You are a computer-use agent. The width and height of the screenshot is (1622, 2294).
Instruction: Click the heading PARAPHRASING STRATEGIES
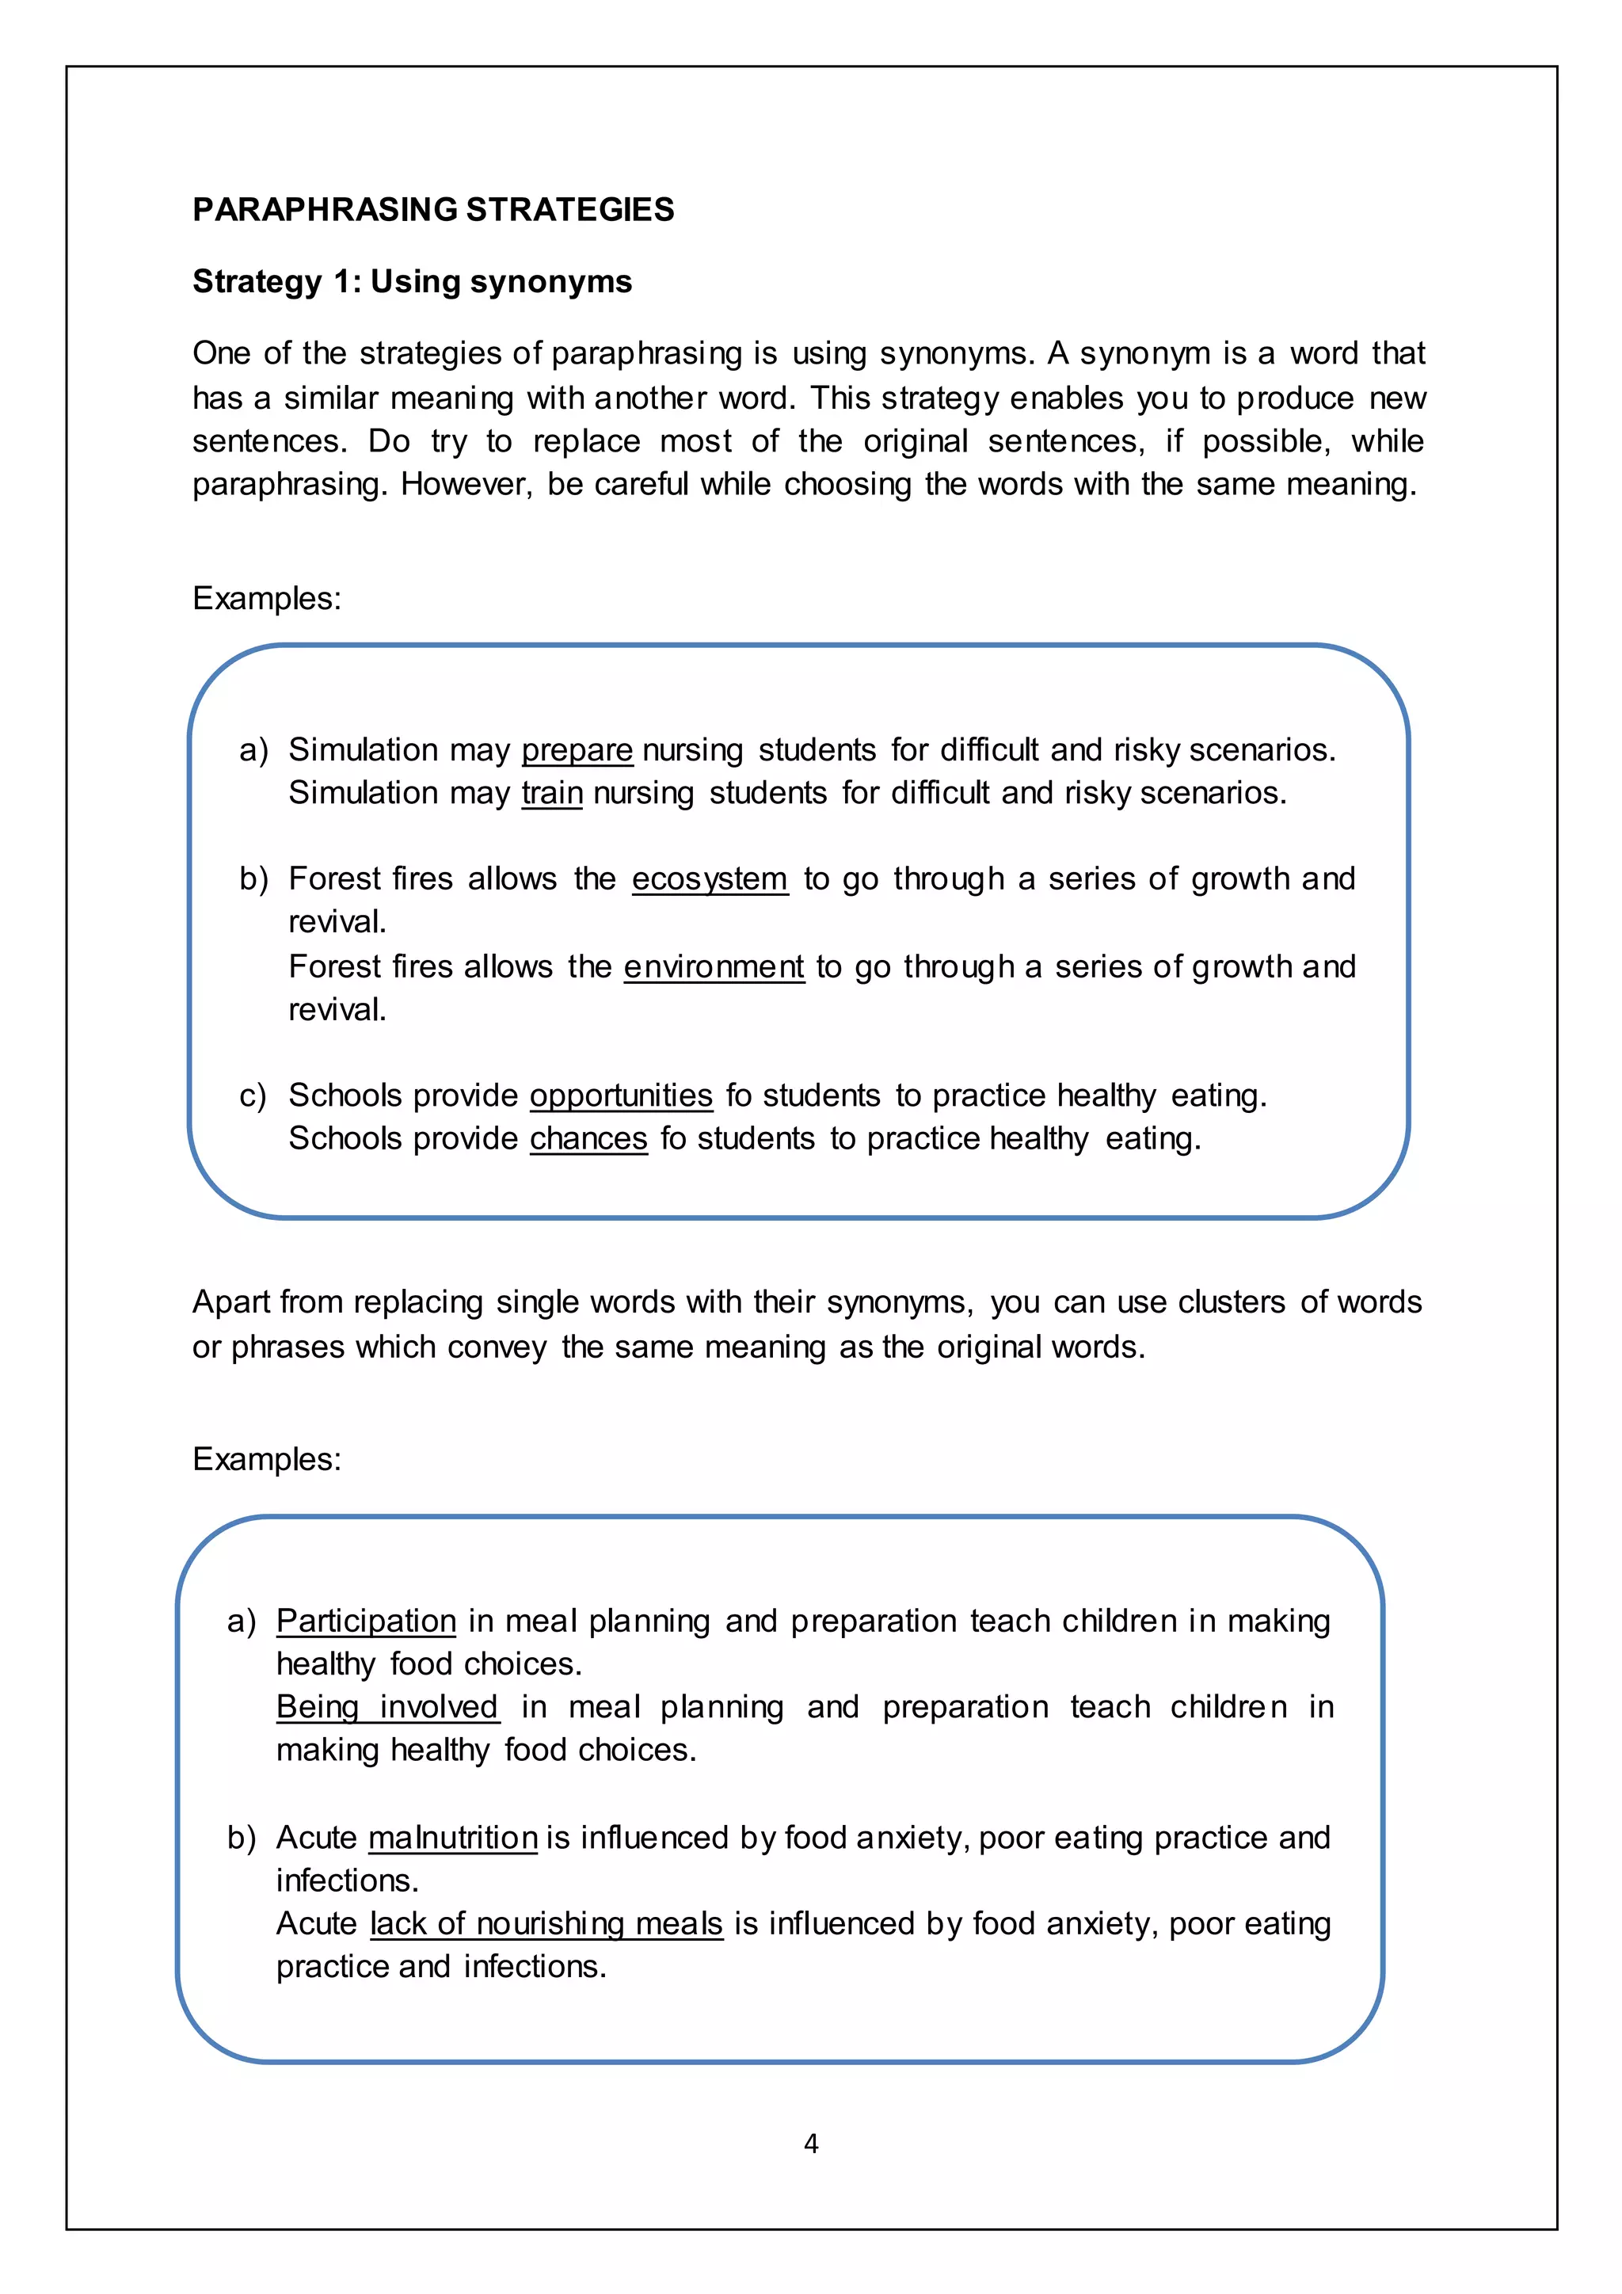[432, 210]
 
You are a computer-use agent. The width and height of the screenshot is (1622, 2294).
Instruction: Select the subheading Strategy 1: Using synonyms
[412, 282]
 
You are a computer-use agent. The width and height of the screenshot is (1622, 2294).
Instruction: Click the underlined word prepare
[577, 749]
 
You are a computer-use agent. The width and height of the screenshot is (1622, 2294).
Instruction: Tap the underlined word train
[551, 792]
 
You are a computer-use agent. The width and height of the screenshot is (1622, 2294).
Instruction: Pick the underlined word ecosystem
[709, 878]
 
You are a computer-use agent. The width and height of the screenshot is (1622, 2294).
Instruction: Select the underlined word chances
[588, 1138]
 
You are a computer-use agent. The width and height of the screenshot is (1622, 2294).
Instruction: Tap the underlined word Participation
[366, 1621]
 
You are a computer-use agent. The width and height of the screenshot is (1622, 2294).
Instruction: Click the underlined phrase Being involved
[387, 1706]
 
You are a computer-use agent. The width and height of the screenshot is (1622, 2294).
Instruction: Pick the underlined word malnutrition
[452, 1838]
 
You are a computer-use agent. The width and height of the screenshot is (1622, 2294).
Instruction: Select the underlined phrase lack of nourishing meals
[546, 1923]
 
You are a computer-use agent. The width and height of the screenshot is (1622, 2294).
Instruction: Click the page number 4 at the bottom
[811, 2144]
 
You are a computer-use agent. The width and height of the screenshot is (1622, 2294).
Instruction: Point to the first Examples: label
[267, 599]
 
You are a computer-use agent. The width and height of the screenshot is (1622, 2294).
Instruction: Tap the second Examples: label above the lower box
[267, 1459]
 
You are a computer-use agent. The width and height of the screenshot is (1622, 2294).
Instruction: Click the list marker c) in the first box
[252, 1096]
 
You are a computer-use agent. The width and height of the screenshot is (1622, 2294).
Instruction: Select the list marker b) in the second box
[241, 1839]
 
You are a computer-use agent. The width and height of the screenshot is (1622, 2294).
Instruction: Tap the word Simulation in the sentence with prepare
[363, 749]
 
